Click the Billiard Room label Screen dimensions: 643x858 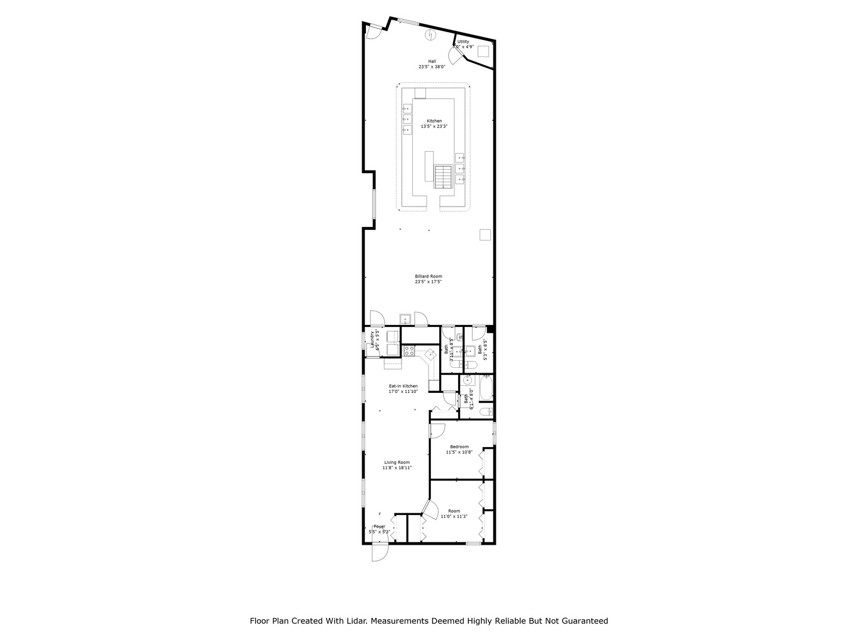428,276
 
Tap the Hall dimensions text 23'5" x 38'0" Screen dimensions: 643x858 431,67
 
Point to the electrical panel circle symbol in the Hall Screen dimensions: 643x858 429,36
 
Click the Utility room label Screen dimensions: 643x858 463,41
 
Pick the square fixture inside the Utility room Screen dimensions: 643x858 483,51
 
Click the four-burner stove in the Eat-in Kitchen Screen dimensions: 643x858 409,352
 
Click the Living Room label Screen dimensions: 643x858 396,462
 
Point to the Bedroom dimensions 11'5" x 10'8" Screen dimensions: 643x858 459,452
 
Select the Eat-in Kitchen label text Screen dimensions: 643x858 403,386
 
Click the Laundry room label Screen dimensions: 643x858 372,339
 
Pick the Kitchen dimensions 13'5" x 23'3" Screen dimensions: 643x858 434,126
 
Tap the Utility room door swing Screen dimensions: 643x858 455,55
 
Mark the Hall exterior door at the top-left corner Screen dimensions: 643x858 373,31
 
